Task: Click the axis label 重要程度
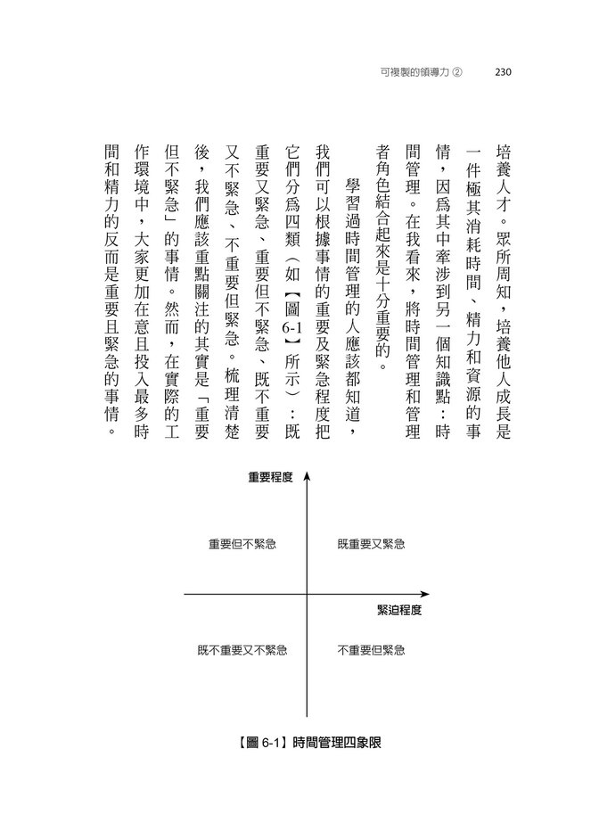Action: (x=270, y=478)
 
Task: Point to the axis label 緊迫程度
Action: (x=398, y=611)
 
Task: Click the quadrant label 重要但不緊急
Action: (x=242, y=543)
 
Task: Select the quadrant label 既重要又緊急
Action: (x=372, y=543)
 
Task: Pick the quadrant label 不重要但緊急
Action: (x=372, y=650)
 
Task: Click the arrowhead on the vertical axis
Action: (x=306, y=477)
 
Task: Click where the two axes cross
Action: (x=306, y=594)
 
